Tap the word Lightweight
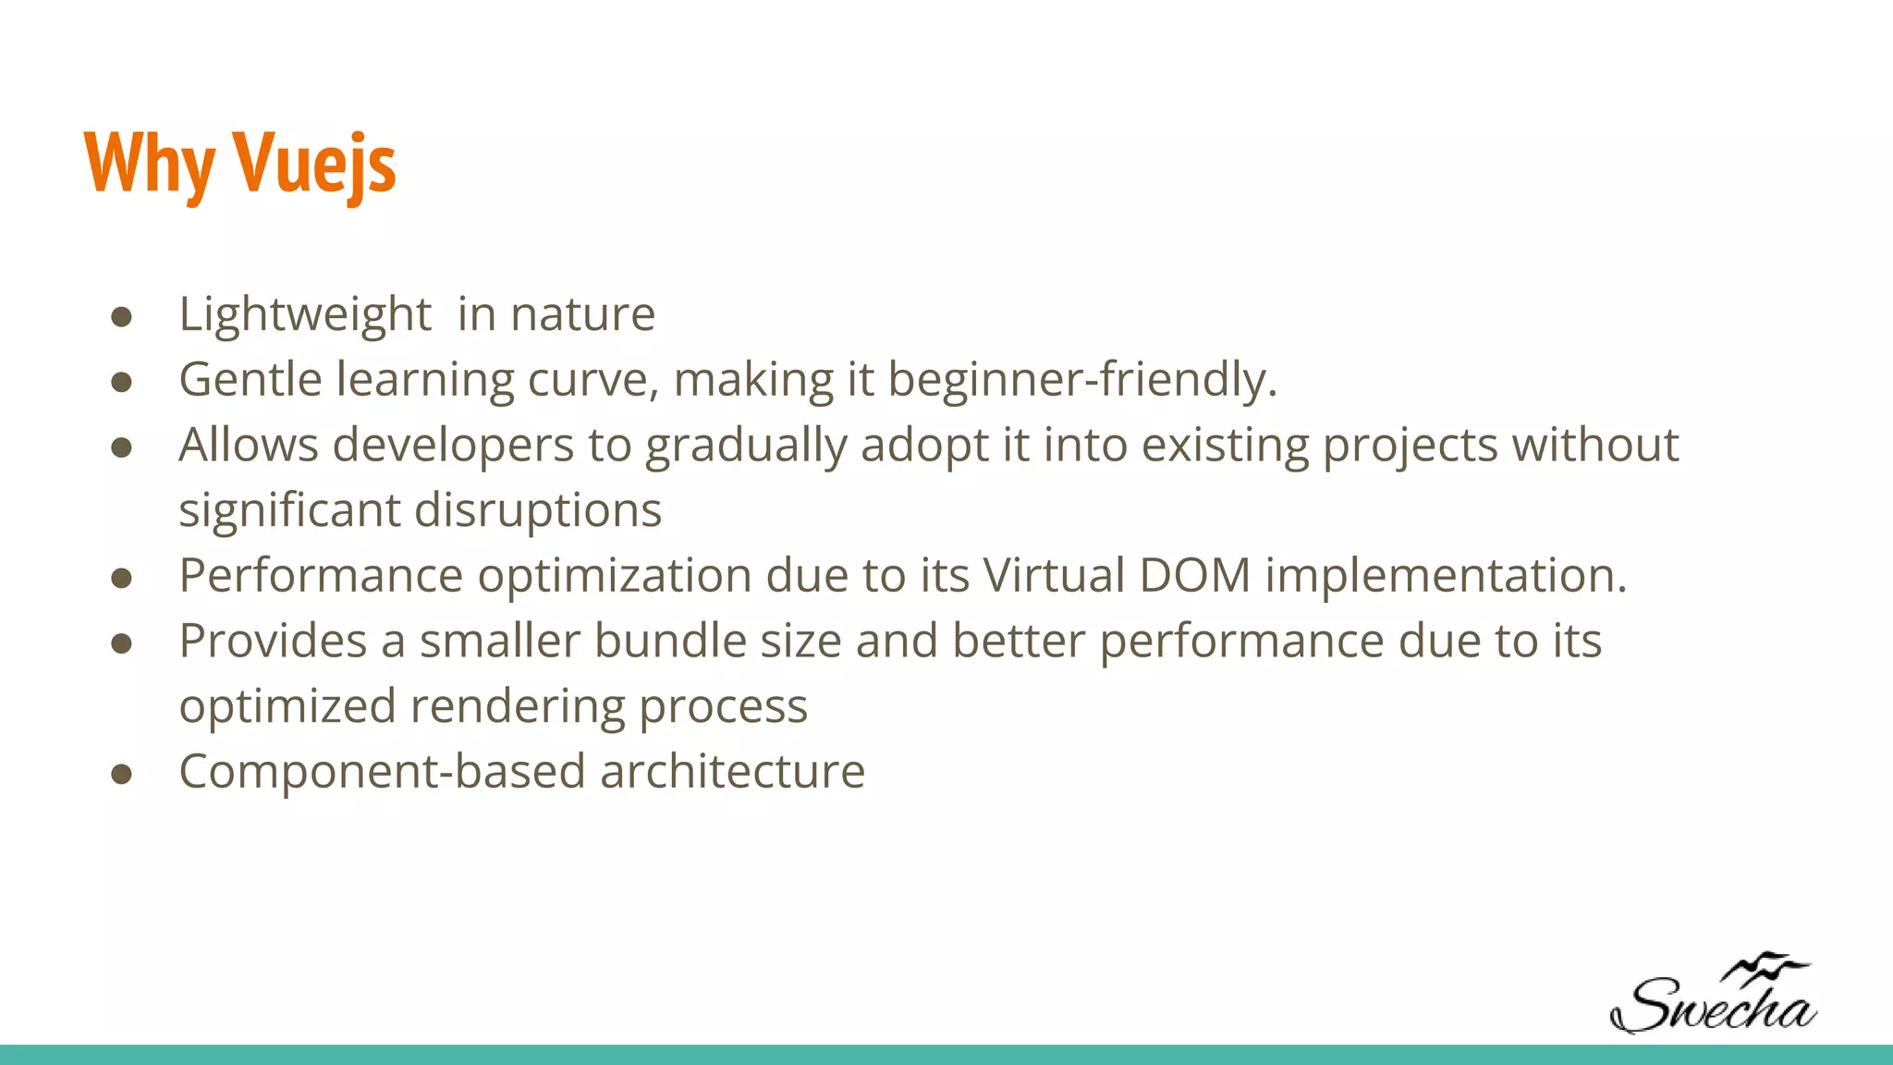(305, 314)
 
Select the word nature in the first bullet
(583, 314)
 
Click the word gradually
(745, 447)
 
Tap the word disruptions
(538, 510)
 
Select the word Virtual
(1054, 575)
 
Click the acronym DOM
(1194, 575)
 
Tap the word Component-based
(383, 771)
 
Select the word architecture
(732, 771)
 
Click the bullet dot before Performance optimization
(121, 579)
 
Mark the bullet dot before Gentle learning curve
(121, 383)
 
